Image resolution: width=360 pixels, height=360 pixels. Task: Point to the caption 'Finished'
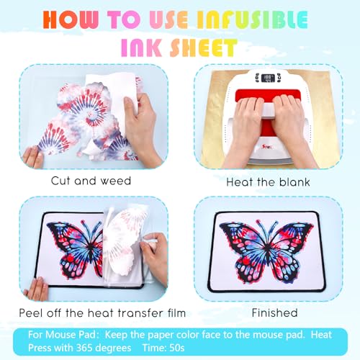(274, 312)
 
